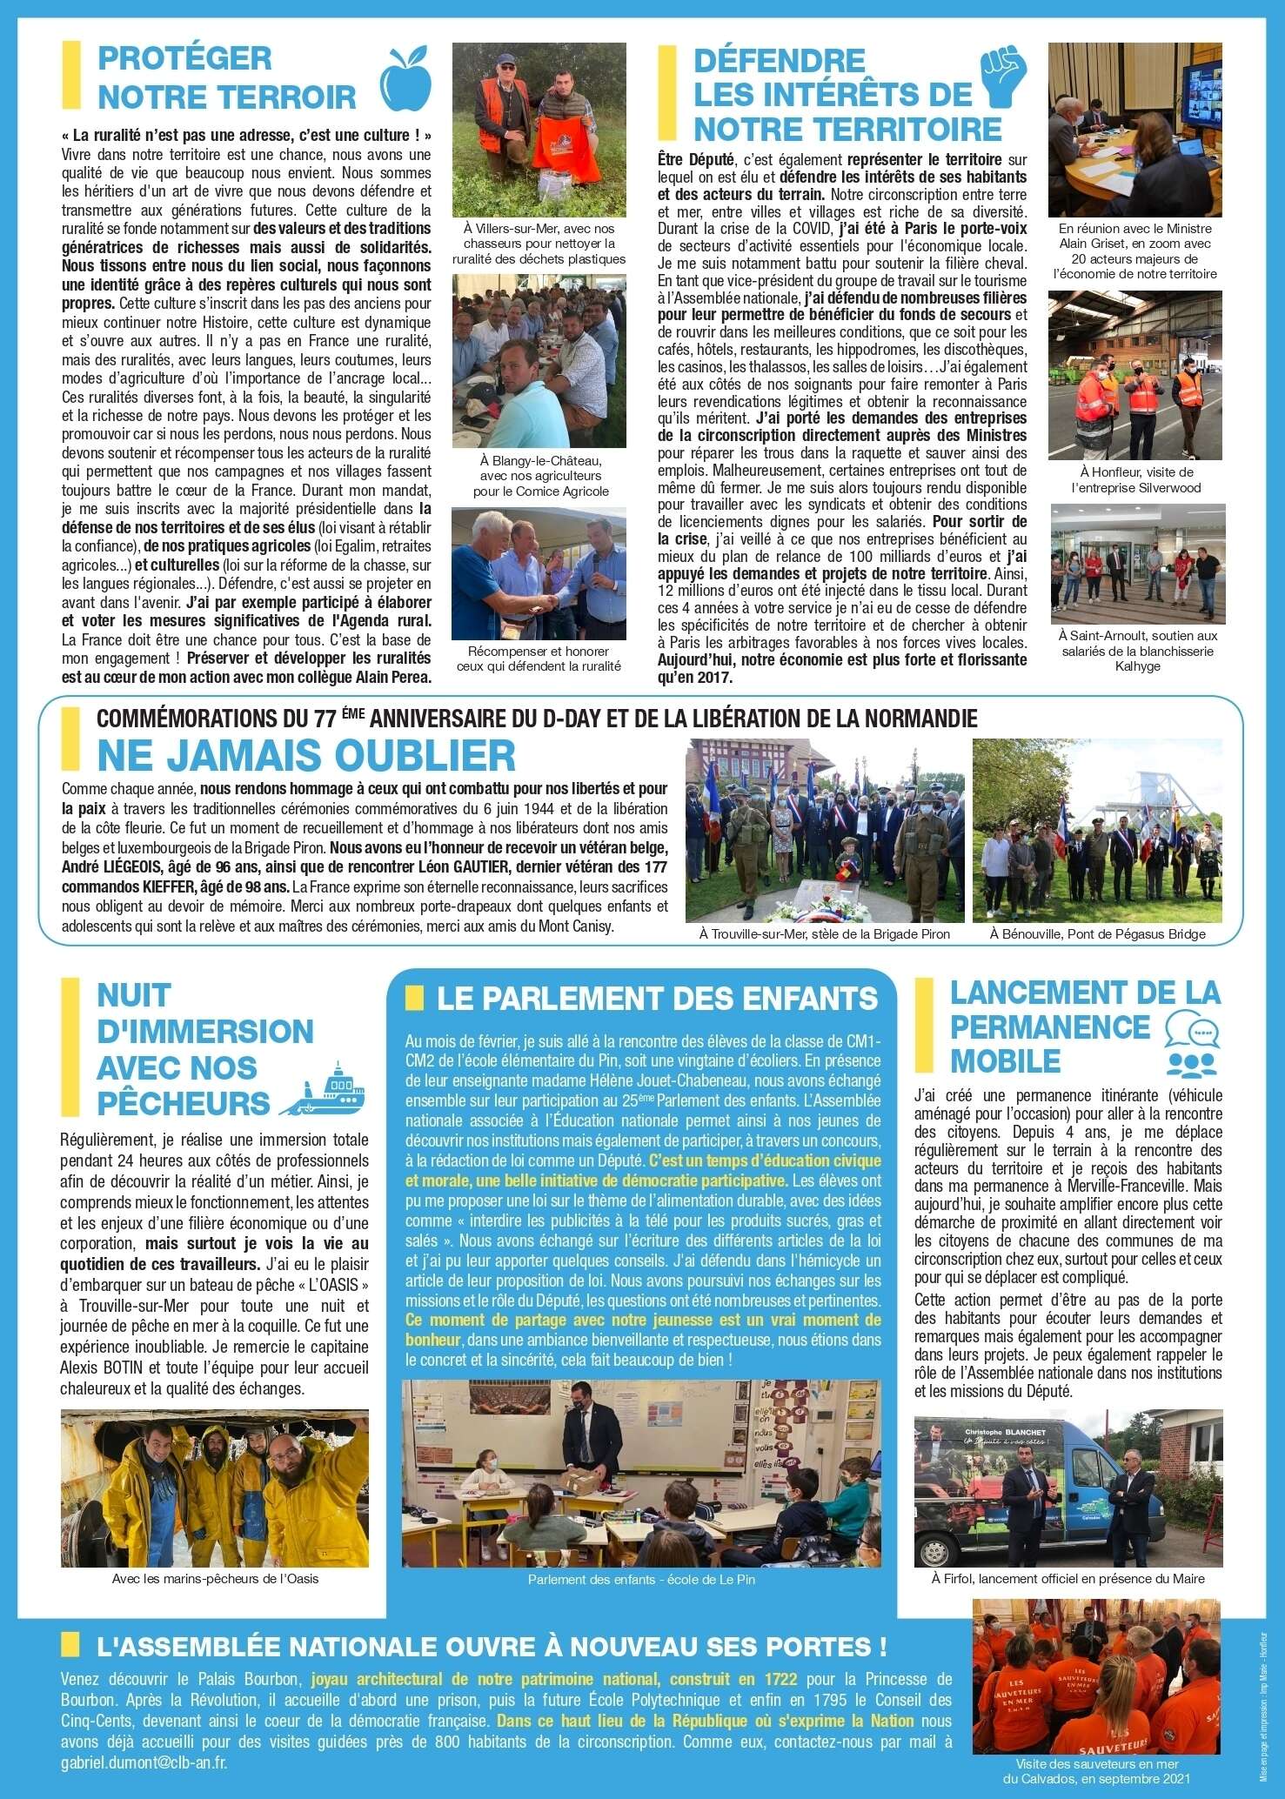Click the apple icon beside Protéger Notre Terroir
(x=406, y=78)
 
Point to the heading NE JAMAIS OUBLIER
(x=305, y=754)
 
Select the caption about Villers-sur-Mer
(x=539, y=244)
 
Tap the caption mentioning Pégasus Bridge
(x=1097, y=933)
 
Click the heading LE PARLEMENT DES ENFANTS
(x=657, y=998)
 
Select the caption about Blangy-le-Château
(x=539, y=476)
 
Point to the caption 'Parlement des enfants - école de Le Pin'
(x=641, y=1579)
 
